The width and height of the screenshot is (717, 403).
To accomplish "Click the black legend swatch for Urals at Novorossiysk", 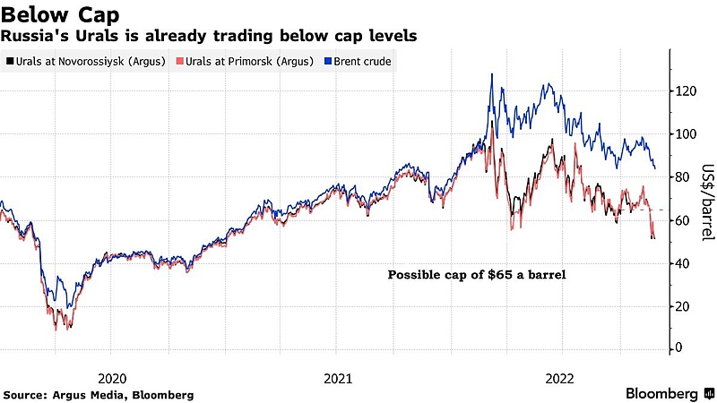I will point(9,61).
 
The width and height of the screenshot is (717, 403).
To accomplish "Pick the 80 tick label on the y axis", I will point(685,177).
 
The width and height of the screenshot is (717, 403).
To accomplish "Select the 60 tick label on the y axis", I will point(685,220).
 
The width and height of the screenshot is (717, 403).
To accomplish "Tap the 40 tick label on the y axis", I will point(685,263).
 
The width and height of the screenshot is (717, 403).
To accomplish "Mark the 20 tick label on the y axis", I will point(685,306).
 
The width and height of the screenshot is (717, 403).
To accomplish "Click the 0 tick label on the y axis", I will point(681,348).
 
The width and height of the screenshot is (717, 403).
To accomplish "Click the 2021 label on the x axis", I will point(336,377).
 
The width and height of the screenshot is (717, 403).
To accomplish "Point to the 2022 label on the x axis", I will point(561,377).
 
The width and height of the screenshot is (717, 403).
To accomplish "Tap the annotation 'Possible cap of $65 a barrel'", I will point(477,275).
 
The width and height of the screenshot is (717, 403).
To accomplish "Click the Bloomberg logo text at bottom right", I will point(662,393).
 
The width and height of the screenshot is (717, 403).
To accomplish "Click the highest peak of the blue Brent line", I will point(492,74).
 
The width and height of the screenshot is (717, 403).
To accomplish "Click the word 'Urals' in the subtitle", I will point(85,36).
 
